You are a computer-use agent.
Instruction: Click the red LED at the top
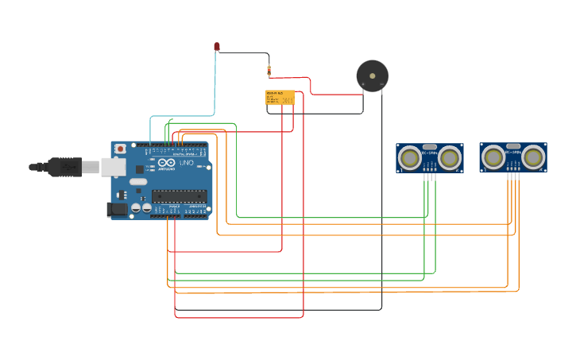coord(217,47)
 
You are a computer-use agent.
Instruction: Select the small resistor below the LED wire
coord(269,71)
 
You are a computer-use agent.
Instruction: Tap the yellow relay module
coord(280,97)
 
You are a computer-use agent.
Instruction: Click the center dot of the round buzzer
coord(372,75)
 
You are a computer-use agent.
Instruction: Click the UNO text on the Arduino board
coord(186,163)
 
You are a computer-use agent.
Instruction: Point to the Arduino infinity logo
coord(166,162)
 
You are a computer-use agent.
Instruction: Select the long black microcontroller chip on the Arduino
coord(179,195)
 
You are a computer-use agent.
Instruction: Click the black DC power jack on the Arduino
coord(117,210)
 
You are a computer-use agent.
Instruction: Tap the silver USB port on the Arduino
coord(113,166)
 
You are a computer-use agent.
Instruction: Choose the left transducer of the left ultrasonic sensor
coord(410,158)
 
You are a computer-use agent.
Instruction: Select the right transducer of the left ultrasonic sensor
coord(450,158)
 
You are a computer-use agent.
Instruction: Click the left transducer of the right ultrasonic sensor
coord(493,157)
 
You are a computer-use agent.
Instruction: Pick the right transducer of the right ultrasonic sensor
coord(533,157)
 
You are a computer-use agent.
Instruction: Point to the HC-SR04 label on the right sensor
coord(513,153)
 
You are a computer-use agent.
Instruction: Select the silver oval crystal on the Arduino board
coord(138,182)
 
